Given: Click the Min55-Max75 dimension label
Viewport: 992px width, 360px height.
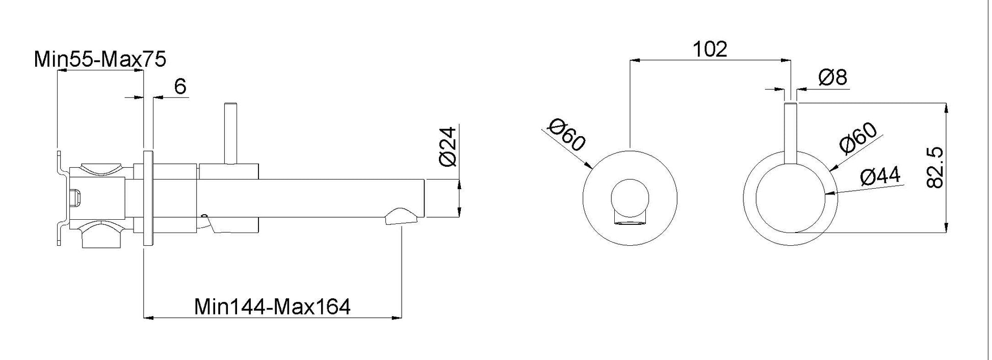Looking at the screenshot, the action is tap(100, 60).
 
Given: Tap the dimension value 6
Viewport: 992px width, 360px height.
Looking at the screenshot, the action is tap(180, 87).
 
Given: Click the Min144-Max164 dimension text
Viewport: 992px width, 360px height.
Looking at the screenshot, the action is tap(272, 307).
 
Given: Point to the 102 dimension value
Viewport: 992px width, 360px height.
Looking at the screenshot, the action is tap(710, 49).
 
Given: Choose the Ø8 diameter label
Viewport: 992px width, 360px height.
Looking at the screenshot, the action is tap(832, 78).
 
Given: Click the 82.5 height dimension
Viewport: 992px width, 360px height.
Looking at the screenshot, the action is tap(936, 168).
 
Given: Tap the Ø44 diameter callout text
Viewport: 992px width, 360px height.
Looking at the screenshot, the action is tap(880, 176).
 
